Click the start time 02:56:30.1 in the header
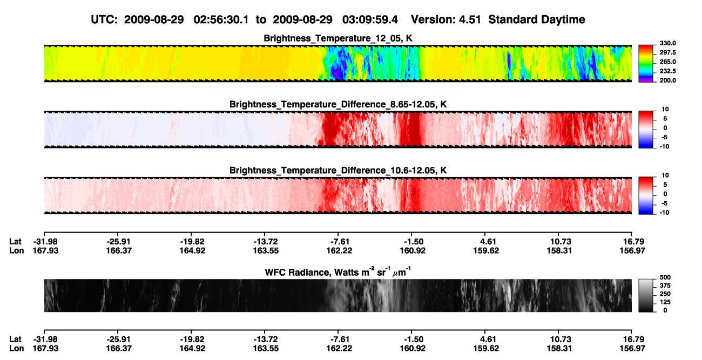pyautogui.click(x=221, y=20)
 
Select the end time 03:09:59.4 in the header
pyautogui.click(x=370, y=20)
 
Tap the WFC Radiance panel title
pyautogui.click(x=337, y=271)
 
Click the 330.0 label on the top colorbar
pyautogui.click(x=667, y=43)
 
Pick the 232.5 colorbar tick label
pyautogui.click(x=667, y=71)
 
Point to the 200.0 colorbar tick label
pyautogui.click(x=667, y=80)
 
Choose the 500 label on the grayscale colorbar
pyautogui.click(x=665, y=277)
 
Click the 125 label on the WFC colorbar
pyautogui.click(x=665, y=302)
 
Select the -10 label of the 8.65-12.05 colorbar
pyautogui.click(x=664, y=147)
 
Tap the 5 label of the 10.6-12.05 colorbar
pyautogui.click(x=665, y=185)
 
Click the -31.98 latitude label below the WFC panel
pyautogui.click(x=45, y=339)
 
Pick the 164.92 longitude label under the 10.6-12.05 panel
pyautogui.click(x=192, y=251)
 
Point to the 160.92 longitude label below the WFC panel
pyautogui.click(x=413, y=349)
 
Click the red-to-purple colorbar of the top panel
pyautogui.click(x=646, y=64)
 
